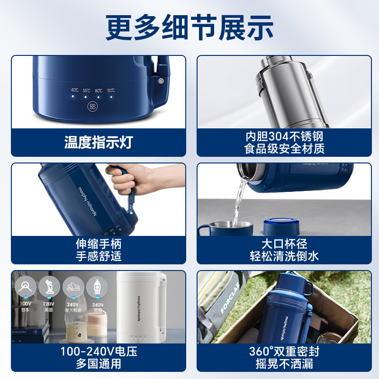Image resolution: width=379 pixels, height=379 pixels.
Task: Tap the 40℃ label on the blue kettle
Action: [x=74, y=90]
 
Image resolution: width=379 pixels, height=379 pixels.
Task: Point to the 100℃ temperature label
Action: [x=110, y=90]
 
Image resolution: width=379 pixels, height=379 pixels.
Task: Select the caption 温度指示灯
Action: [x=99, y=142]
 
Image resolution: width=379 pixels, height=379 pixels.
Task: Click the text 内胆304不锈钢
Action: [x=284, y=136]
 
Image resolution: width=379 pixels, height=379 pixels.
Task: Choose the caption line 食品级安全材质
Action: [x=284, y=149]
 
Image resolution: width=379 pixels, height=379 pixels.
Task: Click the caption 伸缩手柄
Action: [x=99, y=244]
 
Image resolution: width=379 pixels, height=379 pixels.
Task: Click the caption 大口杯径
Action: [x=284, y=244]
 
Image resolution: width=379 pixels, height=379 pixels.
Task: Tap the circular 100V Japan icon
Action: [x=25, y=287]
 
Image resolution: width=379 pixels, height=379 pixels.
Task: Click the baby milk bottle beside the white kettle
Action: [x=76, y=327]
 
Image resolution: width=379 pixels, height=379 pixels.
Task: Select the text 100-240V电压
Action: [x=99, y=352]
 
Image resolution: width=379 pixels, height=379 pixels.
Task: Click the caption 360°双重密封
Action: [x=284, y=352]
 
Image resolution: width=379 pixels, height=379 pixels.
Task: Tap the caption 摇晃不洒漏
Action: [x=284, y=363]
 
